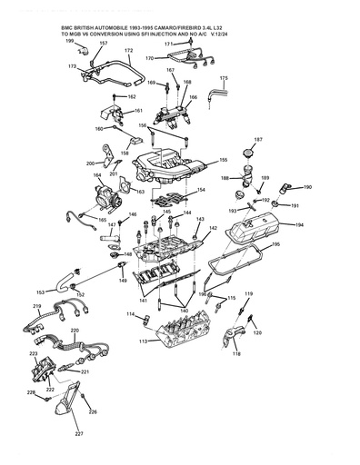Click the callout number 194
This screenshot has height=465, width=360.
point(299,223)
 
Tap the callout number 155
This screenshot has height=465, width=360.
point(224,160)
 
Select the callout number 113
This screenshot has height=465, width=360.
point(143,341)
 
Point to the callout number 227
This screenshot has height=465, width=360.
point(79,434)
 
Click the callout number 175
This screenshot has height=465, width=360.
point(224,79)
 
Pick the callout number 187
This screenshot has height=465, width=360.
point(258,139)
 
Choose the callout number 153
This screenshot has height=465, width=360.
point(40,292)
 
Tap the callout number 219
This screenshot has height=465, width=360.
point(37,307)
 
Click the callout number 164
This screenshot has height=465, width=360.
point(97,175)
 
